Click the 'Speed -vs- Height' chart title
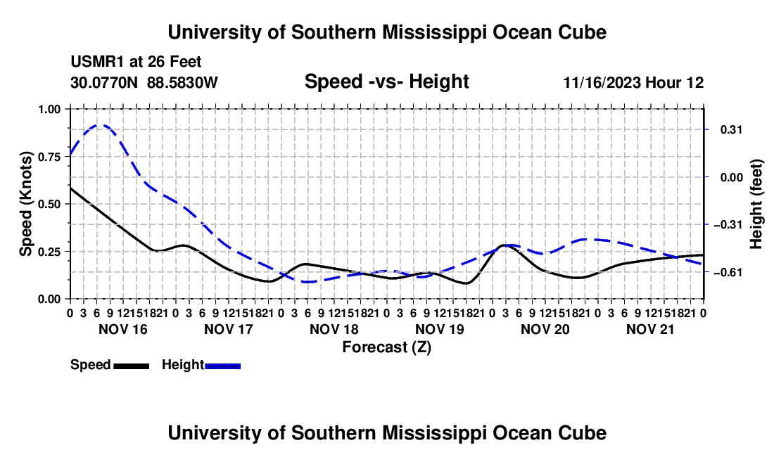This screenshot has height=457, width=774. (x=386, y=82)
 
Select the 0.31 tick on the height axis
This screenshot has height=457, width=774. (x=732, y=129)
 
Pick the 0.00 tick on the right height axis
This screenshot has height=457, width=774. (x=732, y=177)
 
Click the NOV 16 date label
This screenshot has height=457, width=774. (x=123, y=329)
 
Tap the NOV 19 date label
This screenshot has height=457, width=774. (x=439, y=329)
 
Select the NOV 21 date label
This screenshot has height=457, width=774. (x=650, y=329)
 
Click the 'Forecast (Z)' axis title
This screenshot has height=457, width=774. (x=386, y=347)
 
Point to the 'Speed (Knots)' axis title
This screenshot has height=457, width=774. (x=25, y=204)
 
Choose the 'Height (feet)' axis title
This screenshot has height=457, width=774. (x=756, y=204)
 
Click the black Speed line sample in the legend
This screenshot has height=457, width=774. (x=131, y=366)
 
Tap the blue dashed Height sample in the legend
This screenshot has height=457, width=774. (x=222, y=366)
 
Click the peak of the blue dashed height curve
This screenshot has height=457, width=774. (x=97, y=125)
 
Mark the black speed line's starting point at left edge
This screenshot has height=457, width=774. (x=71, y=188)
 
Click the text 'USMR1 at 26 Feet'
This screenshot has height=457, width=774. (x=136, y=62)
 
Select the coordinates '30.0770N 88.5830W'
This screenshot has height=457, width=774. (x=144, y=82)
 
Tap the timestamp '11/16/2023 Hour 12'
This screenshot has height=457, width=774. (x=633, y=82)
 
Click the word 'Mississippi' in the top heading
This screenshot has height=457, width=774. (x=434, y=32)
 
